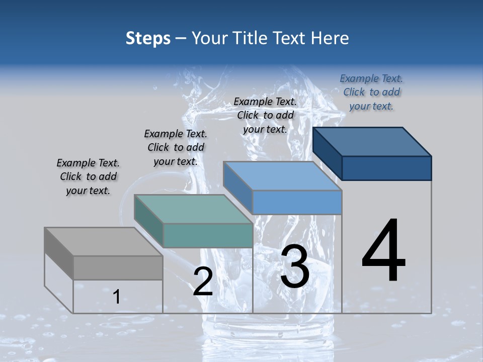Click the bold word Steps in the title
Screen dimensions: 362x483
click(148, 38)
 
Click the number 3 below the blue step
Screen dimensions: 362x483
click(295, 266)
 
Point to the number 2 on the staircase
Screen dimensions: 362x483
click(203, 282)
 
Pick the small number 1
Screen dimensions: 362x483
click(116, 297)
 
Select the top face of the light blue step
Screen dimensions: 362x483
click(282, 176)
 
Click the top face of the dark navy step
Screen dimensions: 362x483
click(372, 142)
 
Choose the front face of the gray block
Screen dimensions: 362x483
click(118, 267)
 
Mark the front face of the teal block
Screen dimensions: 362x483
click(208, 235)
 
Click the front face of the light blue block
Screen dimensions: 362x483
click(297, 202)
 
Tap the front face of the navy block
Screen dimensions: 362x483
click(386, 168)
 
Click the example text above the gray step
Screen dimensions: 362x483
click(88, 176)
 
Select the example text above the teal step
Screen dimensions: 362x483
click(176, 147)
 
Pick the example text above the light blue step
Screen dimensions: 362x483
click(265, 115)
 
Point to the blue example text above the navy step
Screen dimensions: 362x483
click(371, 92)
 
